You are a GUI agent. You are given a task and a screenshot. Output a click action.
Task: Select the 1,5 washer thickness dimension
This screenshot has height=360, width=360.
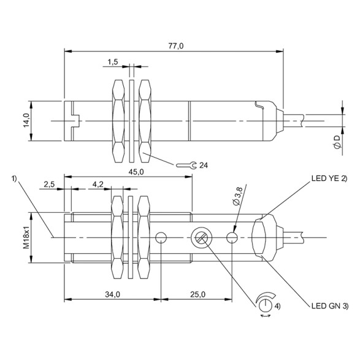point(112,63)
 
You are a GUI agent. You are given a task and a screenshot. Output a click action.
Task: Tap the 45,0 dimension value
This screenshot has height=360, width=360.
point(136,172)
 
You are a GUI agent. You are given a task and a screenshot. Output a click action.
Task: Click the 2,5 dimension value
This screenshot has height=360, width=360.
point(50,183)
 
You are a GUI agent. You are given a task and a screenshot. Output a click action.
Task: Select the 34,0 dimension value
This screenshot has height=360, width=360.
point(112,295)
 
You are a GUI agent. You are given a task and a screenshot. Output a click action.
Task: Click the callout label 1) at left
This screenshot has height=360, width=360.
point(14,178)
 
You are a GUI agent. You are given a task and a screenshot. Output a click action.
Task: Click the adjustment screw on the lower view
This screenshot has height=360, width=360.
point(201,237)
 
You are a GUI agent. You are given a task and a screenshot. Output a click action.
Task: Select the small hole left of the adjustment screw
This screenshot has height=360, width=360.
point(161,237)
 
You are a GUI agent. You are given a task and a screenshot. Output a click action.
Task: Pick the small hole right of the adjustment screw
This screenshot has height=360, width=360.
point(232,237)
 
